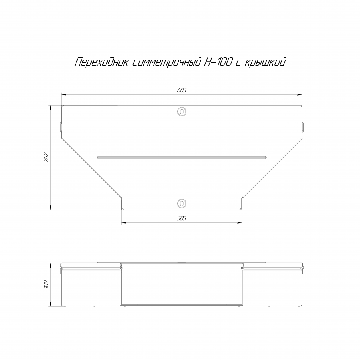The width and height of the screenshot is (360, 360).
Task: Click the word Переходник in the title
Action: pos(102,62)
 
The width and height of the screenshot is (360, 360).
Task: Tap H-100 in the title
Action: pos(218,62)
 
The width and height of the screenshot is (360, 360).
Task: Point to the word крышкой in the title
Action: pos(265,62)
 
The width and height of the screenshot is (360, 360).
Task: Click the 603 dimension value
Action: pos(182,90)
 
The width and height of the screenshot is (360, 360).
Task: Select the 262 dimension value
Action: pos(46,158)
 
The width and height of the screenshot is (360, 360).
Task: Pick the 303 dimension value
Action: pos(182,218)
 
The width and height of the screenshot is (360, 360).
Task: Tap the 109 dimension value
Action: pos(46,284)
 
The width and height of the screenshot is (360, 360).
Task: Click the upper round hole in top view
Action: pos(182,112)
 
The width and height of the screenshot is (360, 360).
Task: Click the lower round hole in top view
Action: pos(182,203)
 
